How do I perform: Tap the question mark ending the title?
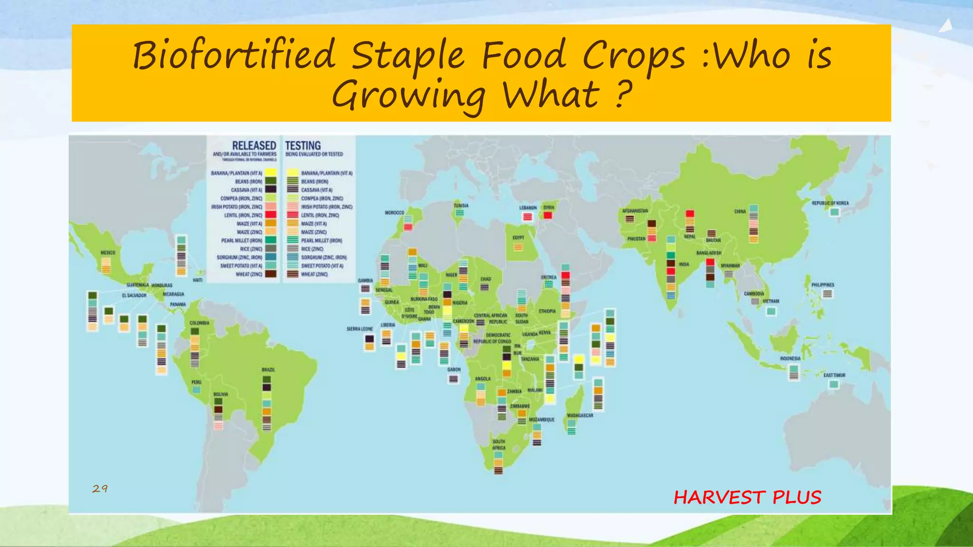point(623,94)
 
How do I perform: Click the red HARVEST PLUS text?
point(747,497)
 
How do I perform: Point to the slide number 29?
point(100,489)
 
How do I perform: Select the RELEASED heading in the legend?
point(254,145)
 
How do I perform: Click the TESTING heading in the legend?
point(303,145)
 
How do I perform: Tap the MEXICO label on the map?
point(108,253)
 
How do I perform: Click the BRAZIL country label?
point(268,369)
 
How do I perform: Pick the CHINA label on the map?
point(740,211)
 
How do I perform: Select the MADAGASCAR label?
point(580,415)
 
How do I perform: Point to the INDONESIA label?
point(790,358)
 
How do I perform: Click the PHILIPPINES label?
point(822,285)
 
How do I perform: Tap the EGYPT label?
point(518,237)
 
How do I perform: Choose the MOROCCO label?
point(394,213)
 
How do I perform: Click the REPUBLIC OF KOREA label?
point(830,203)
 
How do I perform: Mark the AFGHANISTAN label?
point(635,211)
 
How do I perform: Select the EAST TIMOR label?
point(834,375)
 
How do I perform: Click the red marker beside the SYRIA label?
point(548,216)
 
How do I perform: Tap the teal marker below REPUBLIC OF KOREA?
point(834,212)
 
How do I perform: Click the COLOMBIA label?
point(200,323)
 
